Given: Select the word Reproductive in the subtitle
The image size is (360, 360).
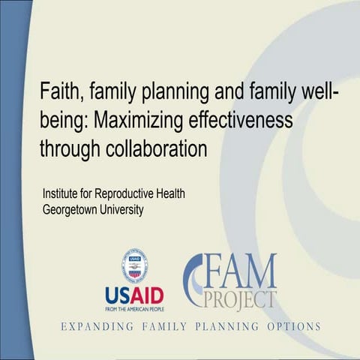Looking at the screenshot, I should tap(129, 194).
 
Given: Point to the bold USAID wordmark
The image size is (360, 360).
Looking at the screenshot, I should tap(135, 293).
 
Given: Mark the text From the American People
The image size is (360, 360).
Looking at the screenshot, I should tap(135, 307).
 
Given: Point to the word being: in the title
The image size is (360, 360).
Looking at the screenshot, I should tap(66, 121).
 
